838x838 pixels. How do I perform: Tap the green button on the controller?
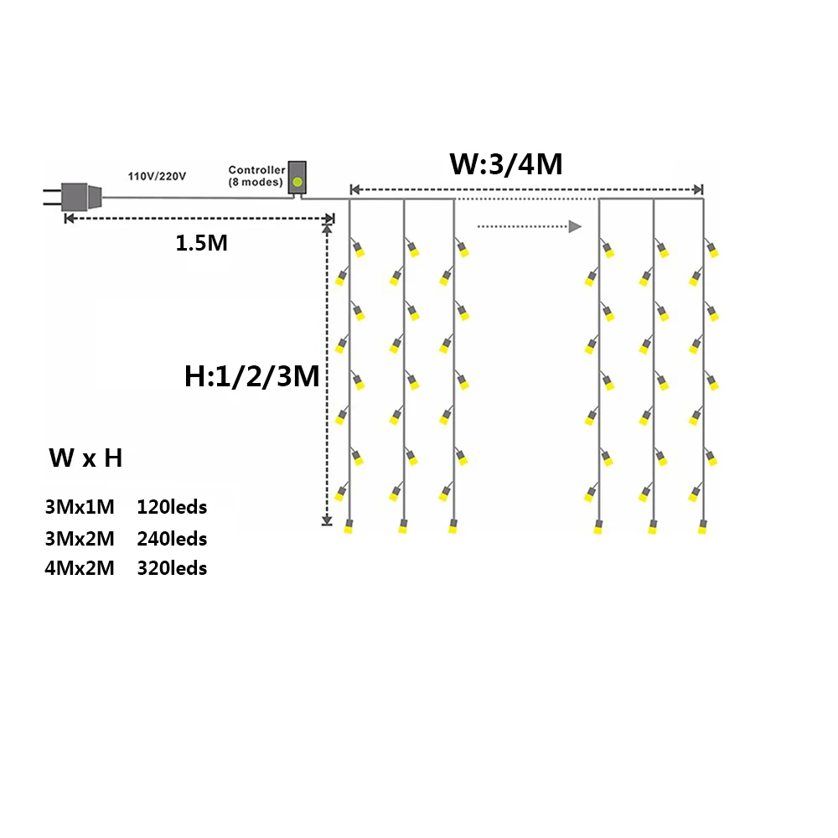coord(297,181)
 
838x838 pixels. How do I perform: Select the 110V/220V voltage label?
coord(157,176)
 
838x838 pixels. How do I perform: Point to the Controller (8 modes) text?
coord(256,176)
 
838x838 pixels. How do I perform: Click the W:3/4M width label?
coord(505,163)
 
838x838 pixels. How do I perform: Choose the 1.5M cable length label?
coord(201,244)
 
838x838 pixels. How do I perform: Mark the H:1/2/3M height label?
coord(252,377)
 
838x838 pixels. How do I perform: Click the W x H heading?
coord(85,458)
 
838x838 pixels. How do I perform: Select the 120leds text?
coord(172,507)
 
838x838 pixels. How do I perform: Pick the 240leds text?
coord(172,538)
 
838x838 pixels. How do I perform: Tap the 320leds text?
coord(172,568)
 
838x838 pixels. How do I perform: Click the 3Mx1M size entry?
coord(80,507)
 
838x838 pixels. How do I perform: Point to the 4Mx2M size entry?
coord(80,568)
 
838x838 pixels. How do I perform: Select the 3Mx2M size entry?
coord(80,538)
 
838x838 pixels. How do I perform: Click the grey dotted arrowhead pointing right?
coord(574,226)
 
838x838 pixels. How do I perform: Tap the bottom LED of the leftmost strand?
coord(349,527)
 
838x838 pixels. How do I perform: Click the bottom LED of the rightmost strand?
coord(702,527)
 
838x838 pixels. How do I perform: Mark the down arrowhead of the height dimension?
coord(328,521)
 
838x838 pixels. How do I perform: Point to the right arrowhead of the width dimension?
coord(698,189)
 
